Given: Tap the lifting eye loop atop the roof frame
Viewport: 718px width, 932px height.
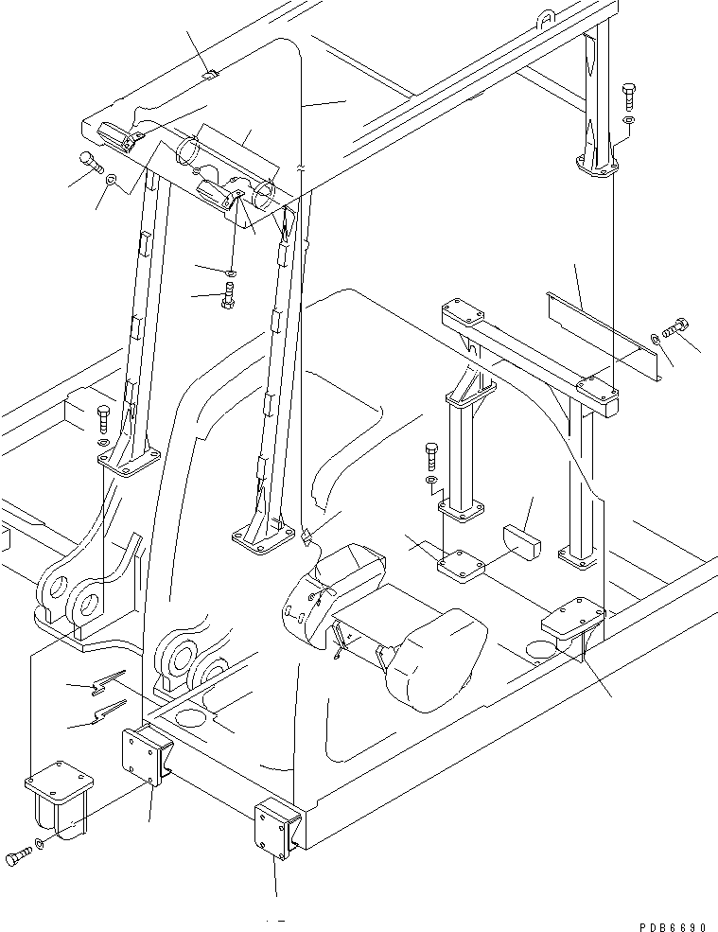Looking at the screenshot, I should pyautogui.click(x=547, y=16).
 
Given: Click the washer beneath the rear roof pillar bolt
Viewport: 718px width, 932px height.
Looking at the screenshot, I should pyautogui.click(x=630, y=120).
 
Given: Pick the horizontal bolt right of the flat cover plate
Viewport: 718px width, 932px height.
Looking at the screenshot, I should pyautogui.click(x=675, y=328).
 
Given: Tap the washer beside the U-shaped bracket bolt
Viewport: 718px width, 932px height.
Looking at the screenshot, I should pyautogui.click(x=38, y=844).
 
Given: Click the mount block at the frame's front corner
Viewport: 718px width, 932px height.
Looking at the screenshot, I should pyautogui.click(x=276, y=828).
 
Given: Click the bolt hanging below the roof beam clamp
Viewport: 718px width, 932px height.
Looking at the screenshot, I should pyautogui.click(x=228, y=297).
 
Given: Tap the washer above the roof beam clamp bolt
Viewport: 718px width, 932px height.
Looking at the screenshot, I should pyautogui.click(x=231, y=273).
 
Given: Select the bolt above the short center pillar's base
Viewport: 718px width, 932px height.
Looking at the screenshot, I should pyautogui.click(x=431, y=457).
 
